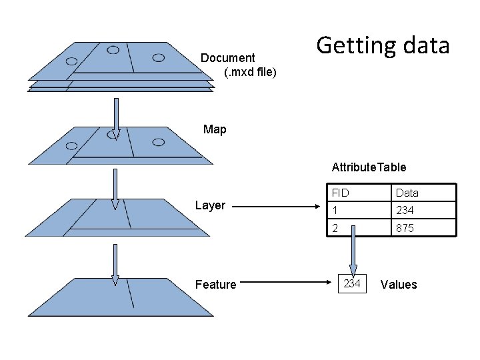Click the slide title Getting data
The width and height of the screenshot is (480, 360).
click(x=383, y=46)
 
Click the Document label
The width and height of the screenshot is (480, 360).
click(x=228, y=58)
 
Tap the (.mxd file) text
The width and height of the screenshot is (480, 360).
click(x=250, y=71)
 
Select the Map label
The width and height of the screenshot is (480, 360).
click(x=215, y=129)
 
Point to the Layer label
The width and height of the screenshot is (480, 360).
click(x=210, y=205)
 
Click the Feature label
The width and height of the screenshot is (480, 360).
click(x=215, y=285)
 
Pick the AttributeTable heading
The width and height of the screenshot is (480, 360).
click(x=369, y=167)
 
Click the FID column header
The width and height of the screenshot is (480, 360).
click(x=340, y=193)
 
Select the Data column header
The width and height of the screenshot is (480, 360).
click(x=407, y=193)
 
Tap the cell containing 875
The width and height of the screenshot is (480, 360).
click(x=405, y=228)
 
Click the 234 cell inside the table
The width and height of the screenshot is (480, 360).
click(x=405, y=210)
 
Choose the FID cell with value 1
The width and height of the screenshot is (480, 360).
click(x=335, y=210)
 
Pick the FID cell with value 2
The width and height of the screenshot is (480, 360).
click(x=336, y=228)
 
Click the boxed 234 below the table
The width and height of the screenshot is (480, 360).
click(x=352, y=284)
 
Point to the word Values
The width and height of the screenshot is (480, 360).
click(x=398, y=285)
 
